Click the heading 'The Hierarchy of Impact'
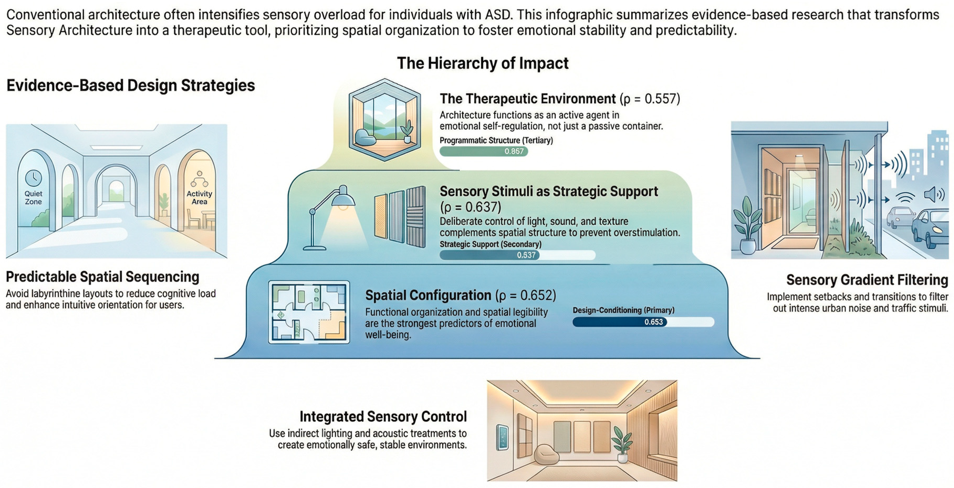click(x=483, y=63)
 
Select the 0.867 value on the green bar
click(x=514, y=151)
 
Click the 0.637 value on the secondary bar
click(x=526, y=255)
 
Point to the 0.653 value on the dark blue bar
click(x=653, y=322)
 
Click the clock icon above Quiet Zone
click(x=33, y=178)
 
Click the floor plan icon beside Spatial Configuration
click(x=309, y=312)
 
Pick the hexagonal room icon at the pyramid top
click(x=385, y=120)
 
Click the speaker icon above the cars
click(x=933, y=195)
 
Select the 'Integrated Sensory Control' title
click(x=383, y=417)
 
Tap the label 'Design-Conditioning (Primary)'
click(x=623, y=310)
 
